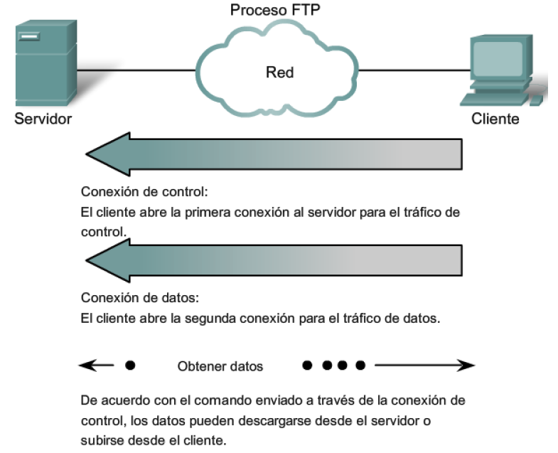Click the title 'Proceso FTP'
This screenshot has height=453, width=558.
[x=279, y=10]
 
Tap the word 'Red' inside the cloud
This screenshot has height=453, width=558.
[x=279, y=72]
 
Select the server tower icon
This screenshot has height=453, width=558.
[x=43, y=65]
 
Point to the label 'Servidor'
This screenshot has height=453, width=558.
[x=43, y=119]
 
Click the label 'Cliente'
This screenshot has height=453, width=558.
[x=495, y=119]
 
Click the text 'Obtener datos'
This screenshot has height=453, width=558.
[x=220, y=367]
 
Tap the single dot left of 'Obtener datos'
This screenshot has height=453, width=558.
[x=130, y=366]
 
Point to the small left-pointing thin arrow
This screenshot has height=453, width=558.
[x=96, y=366]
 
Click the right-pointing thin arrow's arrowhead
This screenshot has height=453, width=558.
[x=466, y=366]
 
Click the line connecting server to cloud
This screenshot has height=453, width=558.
[x=135, y=70]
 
